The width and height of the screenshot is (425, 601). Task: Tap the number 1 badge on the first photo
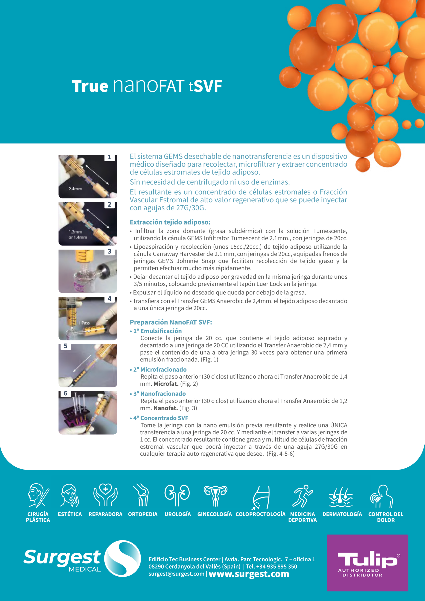(x=109, y=157)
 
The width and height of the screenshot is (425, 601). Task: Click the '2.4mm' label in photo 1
(x=75, y=189)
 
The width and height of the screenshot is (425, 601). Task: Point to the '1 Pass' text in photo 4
(x=84, y=323)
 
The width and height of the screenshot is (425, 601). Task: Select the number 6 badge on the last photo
(x=66, y=393)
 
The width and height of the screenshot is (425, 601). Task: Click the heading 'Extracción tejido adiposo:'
(x=170, y=222)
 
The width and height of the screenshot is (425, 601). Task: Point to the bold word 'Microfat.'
(x=166, y=384)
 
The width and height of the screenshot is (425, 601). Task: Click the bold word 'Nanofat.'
(x=166, y=408)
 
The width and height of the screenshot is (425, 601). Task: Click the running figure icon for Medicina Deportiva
(x=302, y=496)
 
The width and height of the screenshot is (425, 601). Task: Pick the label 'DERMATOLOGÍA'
(x=342, y=514)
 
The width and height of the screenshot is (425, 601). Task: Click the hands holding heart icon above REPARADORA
(x=106, y=495)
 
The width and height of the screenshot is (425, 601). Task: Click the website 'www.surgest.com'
(x=249, y=574)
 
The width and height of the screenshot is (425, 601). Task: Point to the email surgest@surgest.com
(x=176, y=574)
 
